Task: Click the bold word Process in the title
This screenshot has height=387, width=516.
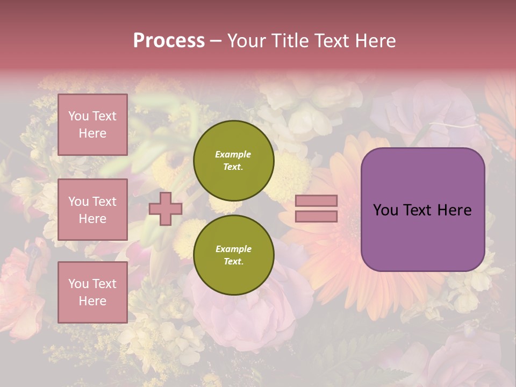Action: [169, 41]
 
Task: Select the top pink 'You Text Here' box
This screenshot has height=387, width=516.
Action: [92, 125]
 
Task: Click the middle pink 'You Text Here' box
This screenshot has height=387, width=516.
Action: [92, 210]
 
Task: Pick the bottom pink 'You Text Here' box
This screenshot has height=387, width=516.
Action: [92, 292]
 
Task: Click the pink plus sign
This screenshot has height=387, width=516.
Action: [166, 209]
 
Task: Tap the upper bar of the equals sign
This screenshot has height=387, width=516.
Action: [317, 201]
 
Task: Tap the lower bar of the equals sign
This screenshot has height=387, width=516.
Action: [317, 217]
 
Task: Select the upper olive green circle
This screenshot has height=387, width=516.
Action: [233, 160]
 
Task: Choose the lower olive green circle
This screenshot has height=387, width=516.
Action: [233, 255]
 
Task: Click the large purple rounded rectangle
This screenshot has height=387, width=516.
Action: [422, 209]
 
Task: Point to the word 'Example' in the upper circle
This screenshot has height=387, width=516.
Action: [233, 154]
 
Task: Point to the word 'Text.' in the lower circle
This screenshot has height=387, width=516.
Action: [233, 262]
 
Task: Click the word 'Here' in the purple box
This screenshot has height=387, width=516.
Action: [454, 210]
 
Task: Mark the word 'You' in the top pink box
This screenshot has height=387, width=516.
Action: [78, 116]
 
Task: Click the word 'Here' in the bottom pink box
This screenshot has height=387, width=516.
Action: [92, 301]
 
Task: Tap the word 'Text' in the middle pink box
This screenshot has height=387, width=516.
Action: [104, 202]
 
